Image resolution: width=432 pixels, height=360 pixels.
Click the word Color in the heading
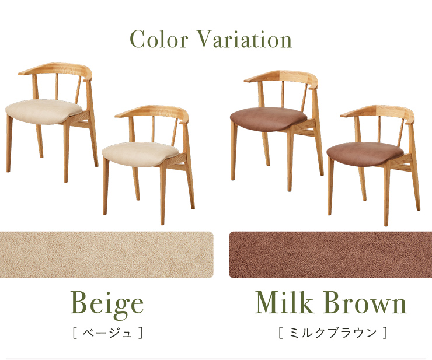pos(159,39)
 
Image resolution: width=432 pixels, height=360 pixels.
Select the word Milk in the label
pos(284,302)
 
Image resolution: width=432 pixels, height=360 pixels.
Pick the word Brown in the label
pos(365,302)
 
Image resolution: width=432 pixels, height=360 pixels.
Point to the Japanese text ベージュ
pos(107,333)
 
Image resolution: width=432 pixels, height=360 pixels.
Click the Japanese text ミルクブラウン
pos(333,333)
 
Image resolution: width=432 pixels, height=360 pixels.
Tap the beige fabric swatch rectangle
pos(107,255)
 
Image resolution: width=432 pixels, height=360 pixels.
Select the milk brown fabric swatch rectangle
pos(330,255)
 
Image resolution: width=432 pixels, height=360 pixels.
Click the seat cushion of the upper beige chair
pos(44,111)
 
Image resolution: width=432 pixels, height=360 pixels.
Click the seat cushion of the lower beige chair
pos(141,153)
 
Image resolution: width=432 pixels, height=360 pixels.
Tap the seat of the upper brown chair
pos(269,119)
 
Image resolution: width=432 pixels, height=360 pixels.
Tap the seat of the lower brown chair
pos(365,154)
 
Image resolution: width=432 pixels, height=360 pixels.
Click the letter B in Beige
pos(81,302)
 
